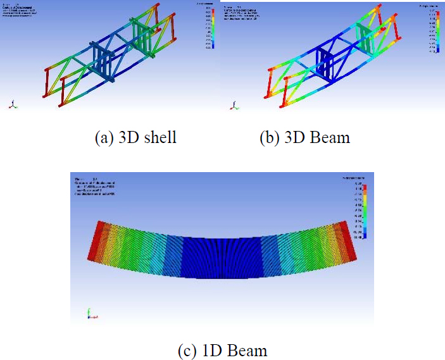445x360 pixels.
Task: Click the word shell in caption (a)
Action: tap(159, 137)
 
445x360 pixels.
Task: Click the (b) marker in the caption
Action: tap(271, 137)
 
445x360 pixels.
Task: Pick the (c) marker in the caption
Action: tap(191, 350)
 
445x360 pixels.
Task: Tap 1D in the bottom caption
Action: tap(215, 350)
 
